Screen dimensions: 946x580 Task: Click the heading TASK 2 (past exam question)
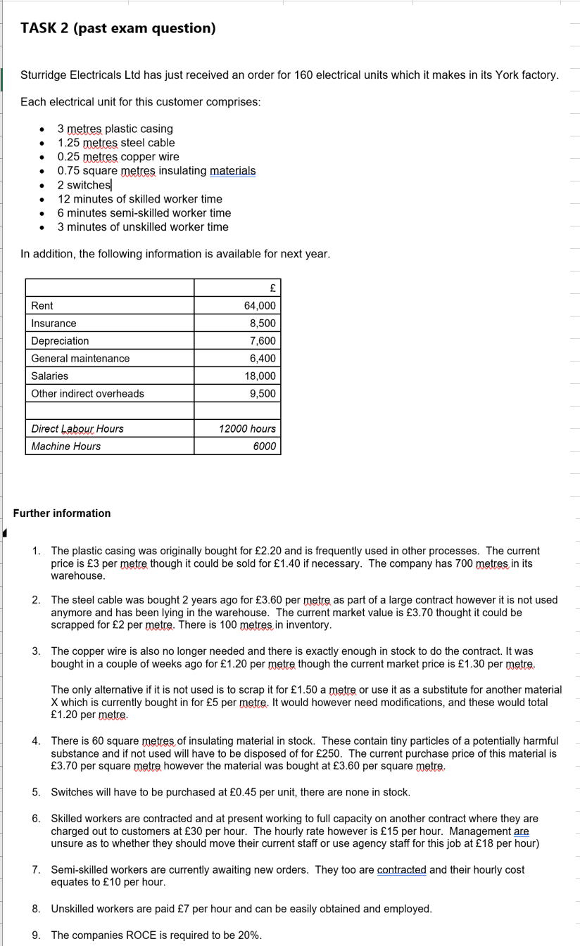click(118, 29)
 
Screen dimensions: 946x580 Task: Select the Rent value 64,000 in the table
click(259, 306)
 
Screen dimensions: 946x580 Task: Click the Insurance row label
click(53, 324)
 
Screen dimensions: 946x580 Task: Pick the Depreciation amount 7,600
click(263, 341)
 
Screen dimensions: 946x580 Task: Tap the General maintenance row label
click(80, 359)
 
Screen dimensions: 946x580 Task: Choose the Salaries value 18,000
click(260, 376)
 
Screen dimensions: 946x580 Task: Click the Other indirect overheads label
click(87, 394)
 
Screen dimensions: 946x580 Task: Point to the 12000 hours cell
click(247, 429)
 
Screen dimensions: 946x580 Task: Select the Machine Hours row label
click(65, 447)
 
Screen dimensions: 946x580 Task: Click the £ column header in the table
click(272, 288)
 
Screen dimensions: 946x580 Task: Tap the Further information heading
click(62, 513)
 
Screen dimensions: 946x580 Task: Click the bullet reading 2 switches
click(84, 185)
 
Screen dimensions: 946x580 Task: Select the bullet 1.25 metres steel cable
click(116, 143)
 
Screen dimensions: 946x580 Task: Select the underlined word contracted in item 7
click(401, 870)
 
